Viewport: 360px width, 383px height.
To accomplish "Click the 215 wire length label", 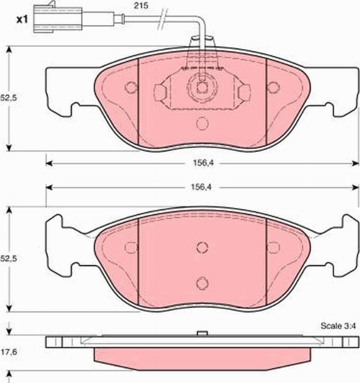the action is [141, 5].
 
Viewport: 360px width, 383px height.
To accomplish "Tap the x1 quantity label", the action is [22, 20].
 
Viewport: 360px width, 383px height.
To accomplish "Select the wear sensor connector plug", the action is [58, 18].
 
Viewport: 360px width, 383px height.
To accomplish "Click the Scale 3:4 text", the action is [338, 325].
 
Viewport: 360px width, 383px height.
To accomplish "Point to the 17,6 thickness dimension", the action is [9, 352].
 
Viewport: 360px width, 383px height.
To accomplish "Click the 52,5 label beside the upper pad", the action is [8, 98].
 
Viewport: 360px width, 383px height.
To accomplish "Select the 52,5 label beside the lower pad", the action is [8, 259].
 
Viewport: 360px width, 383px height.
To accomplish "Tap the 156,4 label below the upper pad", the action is [203, 163].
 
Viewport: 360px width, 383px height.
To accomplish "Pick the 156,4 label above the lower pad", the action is [201, 187].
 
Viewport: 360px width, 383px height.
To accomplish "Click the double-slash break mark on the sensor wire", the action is [163, 19].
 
